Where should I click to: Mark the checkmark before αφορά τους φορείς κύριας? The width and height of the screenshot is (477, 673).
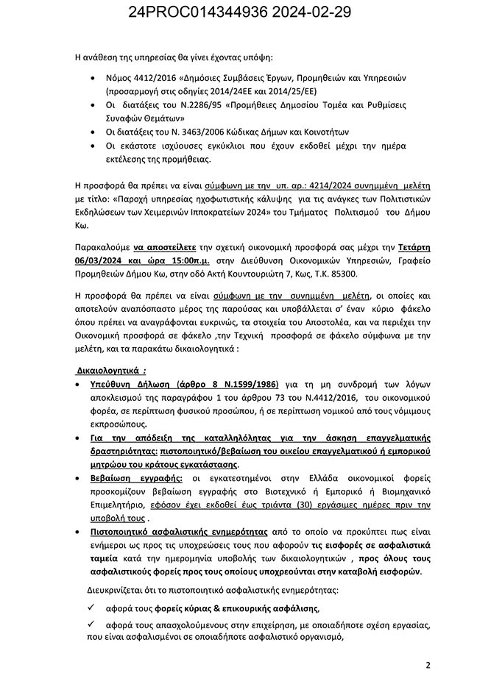click(x=91, y=608)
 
